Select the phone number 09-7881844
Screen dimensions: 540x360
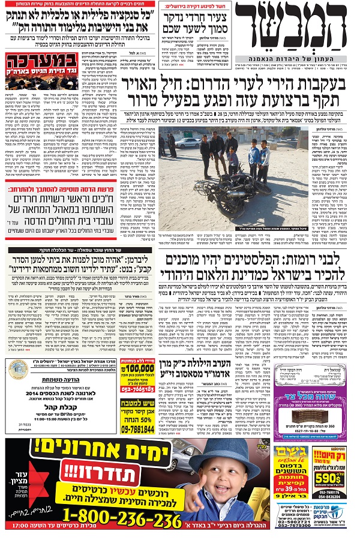(x=137, y=430)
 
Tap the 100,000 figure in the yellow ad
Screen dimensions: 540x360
(x=140, y=367)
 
